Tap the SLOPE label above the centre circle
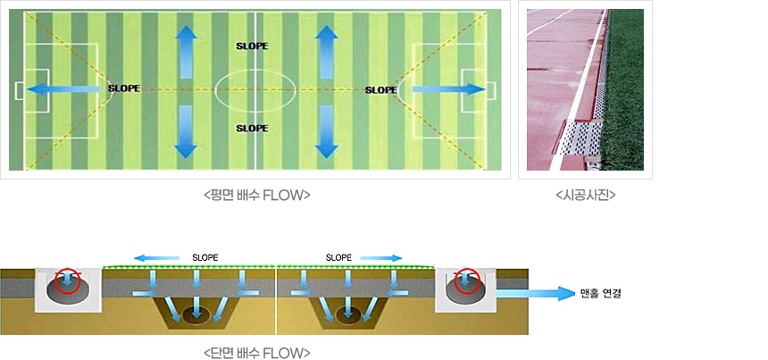point(251,45)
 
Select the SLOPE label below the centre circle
point(251,129)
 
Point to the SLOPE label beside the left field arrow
point(123,88)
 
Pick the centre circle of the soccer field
point(255,89)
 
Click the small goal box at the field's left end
point(21,90)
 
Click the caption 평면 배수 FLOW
point(256,195)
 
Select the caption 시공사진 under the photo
point(585,195)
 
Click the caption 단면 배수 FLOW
point(256,352)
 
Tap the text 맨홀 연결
point(600,293)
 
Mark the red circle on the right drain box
point(466,282)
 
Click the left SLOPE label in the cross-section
point(205,257)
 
